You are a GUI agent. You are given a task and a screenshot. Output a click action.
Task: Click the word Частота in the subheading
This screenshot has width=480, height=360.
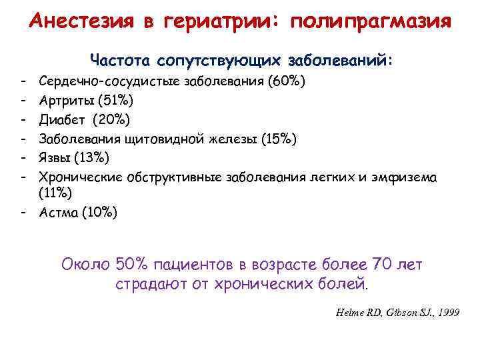[121, 61]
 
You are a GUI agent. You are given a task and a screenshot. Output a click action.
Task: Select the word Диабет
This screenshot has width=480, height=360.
[63, 121]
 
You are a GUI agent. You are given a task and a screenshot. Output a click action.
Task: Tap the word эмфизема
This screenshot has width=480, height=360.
[409, 177]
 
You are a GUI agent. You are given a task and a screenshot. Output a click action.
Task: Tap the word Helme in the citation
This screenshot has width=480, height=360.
[346, 313]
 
